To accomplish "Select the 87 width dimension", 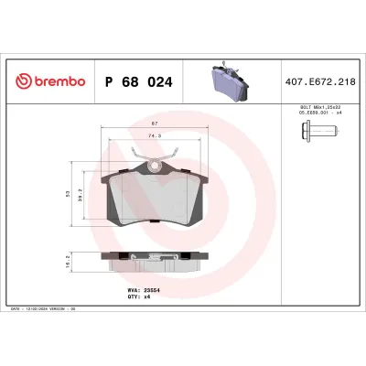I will (156, 124).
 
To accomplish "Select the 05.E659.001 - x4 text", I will (310, 115).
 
